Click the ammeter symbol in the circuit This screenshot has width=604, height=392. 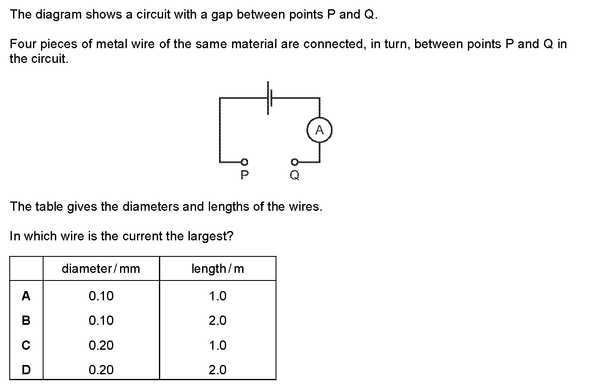pos(320,131)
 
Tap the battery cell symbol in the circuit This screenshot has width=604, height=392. pos(269,98)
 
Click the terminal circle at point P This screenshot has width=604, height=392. pos(244,161)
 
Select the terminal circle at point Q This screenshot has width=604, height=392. pos(294,161)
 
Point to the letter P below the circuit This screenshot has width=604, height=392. pos(244,174)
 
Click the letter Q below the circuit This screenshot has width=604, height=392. pos(295,175)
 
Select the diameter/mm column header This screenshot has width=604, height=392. pos(101,269)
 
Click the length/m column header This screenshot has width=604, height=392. pos(218,269)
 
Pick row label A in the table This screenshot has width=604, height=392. pos(26,296)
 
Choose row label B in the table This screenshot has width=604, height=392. pos(26,321)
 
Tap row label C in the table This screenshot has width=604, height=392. pos(26,346)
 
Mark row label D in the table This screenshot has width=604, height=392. pos(26,370)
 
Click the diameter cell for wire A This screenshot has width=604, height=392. pos(101,296)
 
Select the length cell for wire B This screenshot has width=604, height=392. pos(218,321)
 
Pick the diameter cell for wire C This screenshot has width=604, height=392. pos(101,346)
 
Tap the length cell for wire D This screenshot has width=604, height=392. pos(218,370)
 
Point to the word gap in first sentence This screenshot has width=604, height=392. pos(221,15)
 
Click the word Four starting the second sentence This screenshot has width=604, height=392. pos(23,44)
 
